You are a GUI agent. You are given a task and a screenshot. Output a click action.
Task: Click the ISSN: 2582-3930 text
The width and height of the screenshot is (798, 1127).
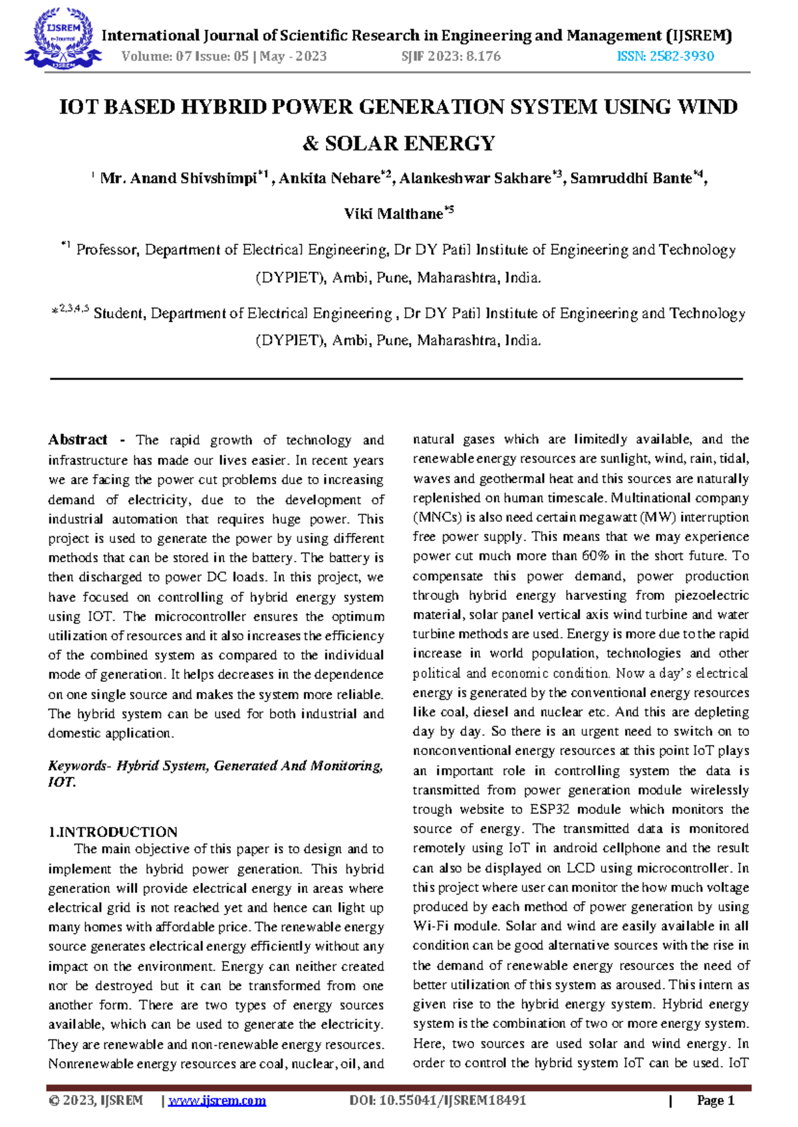click(x=665, y=56)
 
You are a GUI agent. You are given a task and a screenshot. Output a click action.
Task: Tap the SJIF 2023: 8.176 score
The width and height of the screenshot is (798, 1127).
click(x=451, y=56)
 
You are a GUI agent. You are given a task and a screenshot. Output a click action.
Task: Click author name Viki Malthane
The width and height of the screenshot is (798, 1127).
click(x=393, y=214)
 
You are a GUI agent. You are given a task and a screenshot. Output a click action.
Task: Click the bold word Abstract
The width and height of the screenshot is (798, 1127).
click(x=77, y=440)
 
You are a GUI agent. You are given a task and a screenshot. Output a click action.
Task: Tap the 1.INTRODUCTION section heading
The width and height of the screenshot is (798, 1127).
click(x=112, y=832)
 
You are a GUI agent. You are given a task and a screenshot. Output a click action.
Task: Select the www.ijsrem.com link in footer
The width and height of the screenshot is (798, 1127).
click(x=217, y=1100)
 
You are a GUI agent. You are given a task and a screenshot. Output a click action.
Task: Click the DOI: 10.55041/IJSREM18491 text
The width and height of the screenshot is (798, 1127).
click(x=438, y=1100)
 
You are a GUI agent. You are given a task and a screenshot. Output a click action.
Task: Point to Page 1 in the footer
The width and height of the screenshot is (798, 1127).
click(x=715, y=1100)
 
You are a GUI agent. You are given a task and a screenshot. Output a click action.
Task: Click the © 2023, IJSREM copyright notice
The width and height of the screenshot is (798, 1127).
click(x=96, y=1100)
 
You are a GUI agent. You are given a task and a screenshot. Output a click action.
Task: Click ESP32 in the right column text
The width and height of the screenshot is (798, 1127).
click(x=549, y=809)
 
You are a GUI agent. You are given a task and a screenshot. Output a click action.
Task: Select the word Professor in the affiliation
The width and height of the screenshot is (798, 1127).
click(x=107, y=251)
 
